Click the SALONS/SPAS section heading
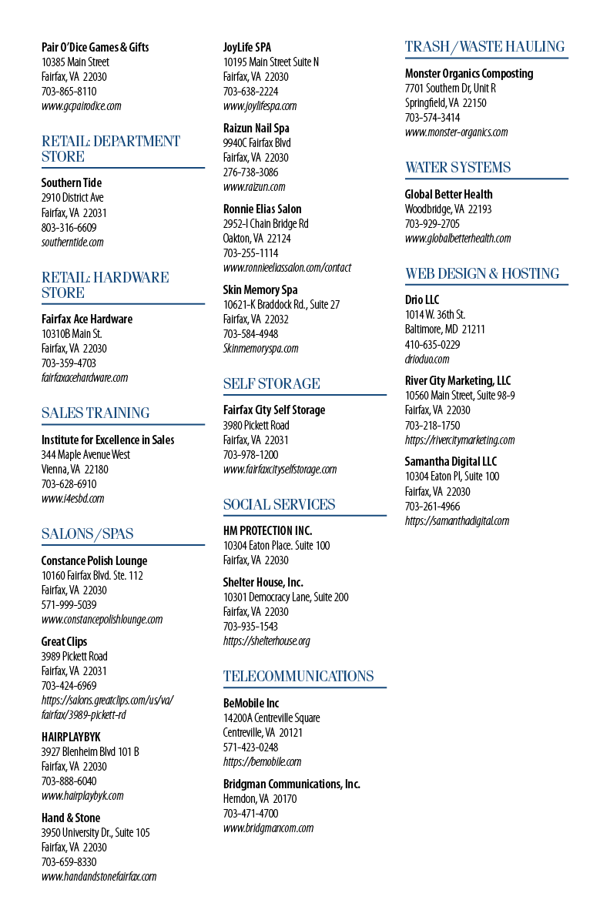(x=87, y=534)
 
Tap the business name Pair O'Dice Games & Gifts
(x=95, y=47)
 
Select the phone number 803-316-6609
(x=69, y=228)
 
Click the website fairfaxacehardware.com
(x=85, y=377)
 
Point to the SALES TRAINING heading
(x=96, y=413)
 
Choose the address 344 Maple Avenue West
(x=85, y=455)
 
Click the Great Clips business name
(x=64, y=642)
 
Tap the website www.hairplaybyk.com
(x=82, y=795)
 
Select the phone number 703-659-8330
(x=69, y=861)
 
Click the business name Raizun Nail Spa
(x=256, y=128)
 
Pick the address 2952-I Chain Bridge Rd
(x=266, y=223)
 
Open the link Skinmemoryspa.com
(x=260, y=348)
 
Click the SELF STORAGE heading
(x=272, y=383)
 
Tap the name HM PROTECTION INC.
(x=267, y=530)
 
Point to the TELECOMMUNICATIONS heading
(x=298, y=676)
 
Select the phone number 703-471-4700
(x=250, y=814)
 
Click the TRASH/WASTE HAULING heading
(x=484, y=47)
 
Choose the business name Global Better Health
(x=448, y=195)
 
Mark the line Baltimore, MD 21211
(x=445, y=329)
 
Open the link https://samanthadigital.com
(x=457, y=521)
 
